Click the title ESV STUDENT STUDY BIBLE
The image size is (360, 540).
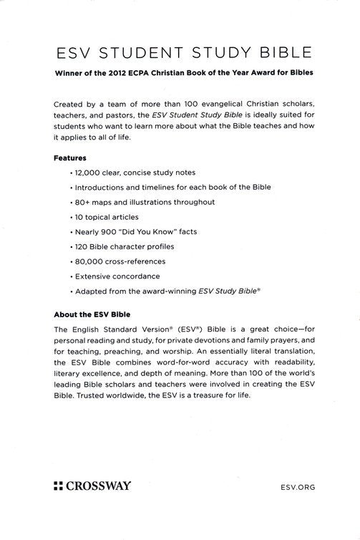(180, 52)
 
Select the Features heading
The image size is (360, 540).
(69, 157)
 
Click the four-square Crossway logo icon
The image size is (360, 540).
(59, 486)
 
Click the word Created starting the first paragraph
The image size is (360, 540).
(69, 104)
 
